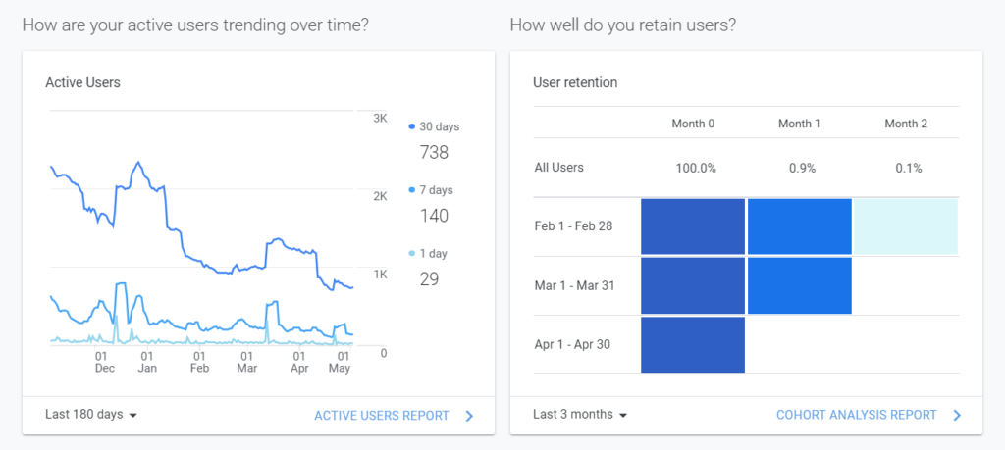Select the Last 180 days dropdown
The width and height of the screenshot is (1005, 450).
pos(91,414)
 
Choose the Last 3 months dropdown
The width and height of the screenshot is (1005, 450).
pos(580,414)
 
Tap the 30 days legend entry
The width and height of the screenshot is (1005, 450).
pos(434,126)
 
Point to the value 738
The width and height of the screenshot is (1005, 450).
pos(434,152)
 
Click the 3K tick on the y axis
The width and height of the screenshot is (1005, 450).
pos(380,119)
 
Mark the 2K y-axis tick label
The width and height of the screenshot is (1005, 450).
pos(380,196)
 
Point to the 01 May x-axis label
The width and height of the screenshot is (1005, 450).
pos(339,362)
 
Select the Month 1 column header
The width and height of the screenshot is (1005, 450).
pos(800,124)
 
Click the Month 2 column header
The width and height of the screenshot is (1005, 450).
pos(905,124)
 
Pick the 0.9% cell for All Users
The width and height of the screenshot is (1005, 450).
pos(801,168)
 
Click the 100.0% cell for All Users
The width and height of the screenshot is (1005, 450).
pos(695,168)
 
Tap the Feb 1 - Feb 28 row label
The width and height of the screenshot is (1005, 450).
pos(573,225)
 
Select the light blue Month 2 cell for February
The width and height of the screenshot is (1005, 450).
pos(905,226)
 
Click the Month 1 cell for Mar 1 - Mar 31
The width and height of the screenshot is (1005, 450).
pos(799,285)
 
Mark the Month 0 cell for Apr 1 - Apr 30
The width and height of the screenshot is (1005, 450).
pos(693,344)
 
